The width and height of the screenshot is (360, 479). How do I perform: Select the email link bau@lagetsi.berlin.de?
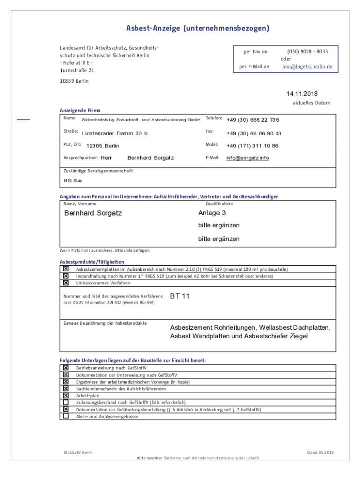[307, 66]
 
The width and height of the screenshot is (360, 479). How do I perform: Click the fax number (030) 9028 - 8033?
[307, 52]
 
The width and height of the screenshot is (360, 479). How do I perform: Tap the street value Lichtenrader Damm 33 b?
[115, 134]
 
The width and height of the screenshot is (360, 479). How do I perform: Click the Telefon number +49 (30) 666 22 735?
[253, 120]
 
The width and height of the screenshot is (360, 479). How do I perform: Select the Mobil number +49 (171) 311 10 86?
[252, 146]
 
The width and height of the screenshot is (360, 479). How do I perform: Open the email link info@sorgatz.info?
[248, 158]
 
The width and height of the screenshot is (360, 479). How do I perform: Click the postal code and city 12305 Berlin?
[103, 146]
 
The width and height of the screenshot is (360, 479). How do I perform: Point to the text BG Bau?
[73, 181]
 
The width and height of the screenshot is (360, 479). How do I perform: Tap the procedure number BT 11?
[180, 296]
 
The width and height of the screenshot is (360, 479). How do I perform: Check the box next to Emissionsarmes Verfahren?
[66, 283]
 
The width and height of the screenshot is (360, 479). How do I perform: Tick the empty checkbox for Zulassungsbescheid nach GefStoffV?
[66, 402]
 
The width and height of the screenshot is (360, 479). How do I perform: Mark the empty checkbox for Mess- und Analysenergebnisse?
[66, 416]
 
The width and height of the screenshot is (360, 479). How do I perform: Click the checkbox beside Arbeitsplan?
[66, 395]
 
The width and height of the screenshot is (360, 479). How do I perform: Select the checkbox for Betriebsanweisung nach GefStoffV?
[66, 368]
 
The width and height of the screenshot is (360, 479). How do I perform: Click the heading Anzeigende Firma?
[80, 110]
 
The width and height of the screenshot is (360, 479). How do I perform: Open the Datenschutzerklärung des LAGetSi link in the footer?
[228, 458]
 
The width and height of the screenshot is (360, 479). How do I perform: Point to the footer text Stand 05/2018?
[320, 452]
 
